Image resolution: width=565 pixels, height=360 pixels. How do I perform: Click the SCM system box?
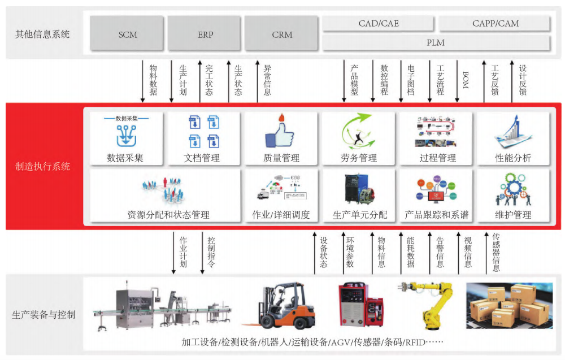click(128, 34)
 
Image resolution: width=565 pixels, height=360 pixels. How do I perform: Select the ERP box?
click(205, 34)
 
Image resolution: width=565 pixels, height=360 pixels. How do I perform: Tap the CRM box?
click(282, 34)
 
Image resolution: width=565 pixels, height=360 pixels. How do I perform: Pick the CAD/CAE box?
click(379, 23)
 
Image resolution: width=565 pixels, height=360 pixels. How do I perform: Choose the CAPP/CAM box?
click(495, 23)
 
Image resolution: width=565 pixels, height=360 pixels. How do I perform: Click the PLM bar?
click(436, 42)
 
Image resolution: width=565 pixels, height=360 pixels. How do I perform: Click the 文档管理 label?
click(202, 158)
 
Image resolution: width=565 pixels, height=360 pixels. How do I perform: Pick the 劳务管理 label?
click(359, 158)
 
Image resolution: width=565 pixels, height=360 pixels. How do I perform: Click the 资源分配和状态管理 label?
click(168, 215)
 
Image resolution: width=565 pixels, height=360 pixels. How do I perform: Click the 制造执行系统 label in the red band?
click(43, 167)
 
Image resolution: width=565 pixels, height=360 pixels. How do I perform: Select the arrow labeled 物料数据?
click(143, 80)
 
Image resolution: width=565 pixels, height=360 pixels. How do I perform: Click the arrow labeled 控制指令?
click(202, 252)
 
